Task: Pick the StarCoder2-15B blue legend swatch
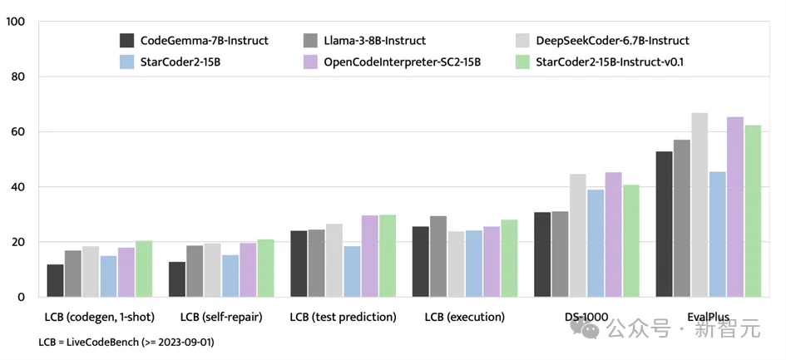[127, 62]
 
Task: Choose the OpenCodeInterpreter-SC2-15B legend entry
[403, 62]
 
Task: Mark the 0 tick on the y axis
[21, 297]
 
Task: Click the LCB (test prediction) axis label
[343, 318]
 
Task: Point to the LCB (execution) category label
[464, 318]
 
